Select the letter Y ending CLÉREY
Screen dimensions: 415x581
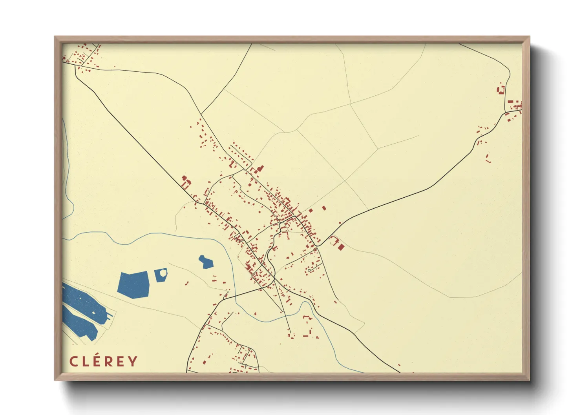click(133, 361)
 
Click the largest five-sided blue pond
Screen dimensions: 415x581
click(134, 284)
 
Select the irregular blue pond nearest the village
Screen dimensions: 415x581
click(206, 262)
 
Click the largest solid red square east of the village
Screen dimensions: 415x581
click(341, 247)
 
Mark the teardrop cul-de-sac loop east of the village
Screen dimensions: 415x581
click(310, 270)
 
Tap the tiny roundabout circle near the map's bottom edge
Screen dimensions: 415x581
click(246, 366)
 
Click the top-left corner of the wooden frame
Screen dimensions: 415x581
click(55, 37)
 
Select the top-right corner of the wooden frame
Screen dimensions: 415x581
click(529, 37)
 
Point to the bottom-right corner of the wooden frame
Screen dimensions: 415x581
click(529, 380)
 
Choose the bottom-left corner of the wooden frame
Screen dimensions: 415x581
click(55, 380)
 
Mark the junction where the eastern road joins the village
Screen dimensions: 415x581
click(318, 246)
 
